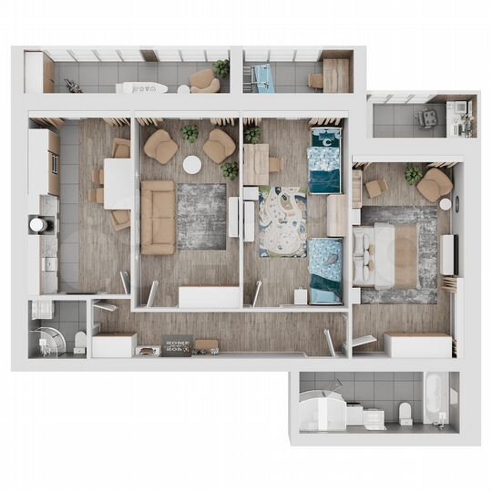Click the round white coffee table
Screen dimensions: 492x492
192,165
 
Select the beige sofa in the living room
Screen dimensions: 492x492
157,216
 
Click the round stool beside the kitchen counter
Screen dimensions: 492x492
36,224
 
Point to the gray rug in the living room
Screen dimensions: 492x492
200,215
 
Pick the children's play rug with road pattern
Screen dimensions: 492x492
283,221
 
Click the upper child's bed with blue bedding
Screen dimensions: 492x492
324,159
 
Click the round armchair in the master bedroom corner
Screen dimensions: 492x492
435,183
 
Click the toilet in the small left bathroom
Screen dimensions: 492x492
81,340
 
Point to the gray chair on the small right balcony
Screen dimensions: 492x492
425,119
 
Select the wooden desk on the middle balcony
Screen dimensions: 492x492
336,74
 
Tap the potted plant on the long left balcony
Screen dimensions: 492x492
222,67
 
